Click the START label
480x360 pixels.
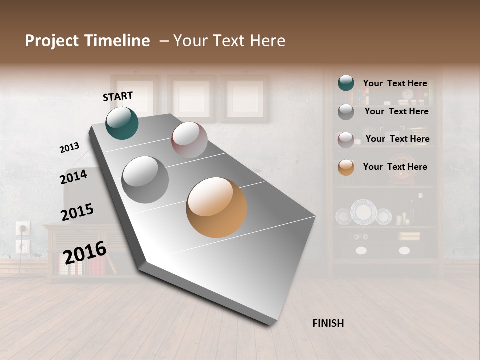(118, 96)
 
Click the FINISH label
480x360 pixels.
(328, 323)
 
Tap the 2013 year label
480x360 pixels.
(70, 147)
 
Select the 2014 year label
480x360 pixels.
(74, 176)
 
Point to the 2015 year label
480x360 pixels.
(77, 212)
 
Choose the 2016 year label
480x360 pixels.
(84, 252)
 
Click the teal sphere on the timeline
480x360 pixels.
(122, 123)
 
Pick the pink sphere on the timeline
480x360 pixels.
(189, 140)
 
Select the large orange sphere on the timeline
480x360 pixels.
(216, 207)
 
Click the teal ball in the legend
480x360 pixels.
(346, 83)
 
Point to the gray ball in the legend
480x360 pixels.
(346, 112)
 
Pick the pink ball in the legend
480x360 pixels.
(346, 140)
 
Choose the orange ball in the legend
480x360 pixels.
(346, 167)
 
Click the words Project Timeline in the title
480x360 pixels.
(87, 41)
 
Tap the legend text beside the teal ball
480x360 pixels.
(395, 83)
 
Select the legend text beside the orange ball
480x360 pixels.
(395, 167)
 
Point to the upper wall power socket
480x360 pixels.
(23, 229)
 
